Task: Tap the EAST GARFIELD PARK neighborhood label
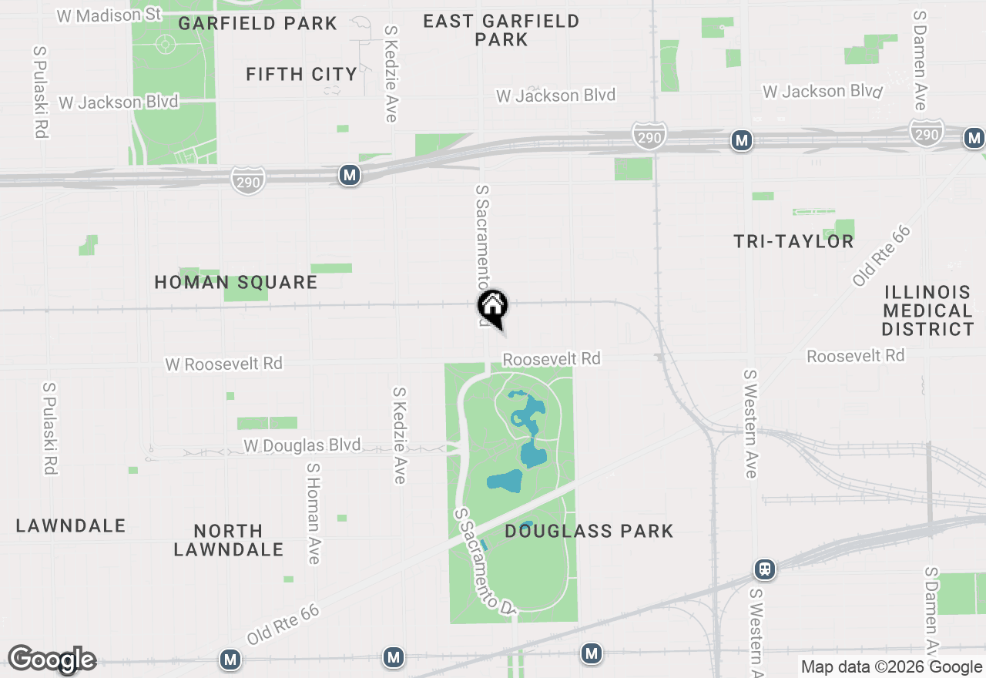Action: coord(501,30)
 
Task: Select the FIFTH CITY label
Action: coord(301,75)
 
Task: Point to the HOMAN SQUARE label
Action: coord(236,283)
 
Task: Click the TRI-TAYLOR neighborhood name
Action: coord(793,242)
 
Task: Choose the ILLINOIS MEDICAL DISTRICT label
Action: coord(928,311)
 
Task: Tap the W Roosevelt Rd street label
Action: coord(224,364)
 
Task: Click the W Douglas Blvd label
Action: coord(302,445)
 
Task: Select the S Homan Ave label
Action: coord(313,513)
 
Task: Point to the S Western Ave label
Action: coord(750,423)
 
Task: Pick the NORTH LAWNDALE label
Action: coord(229,540)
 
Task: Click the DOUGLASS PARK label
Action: coord(589,531)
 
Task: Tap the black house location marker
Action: coord(492,307)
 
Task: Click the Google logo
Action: coord(52,660)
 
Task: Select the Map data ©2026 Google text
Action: coord(891,667)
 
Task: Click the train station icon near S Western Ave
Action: coord(765,569)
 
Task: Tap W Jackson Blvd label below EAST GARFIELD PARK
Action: coord(555,96)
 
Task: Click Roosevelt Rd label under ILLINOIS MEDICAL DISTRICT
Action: coord(855,356)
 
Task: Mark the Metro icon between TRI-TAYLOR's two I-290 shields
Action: coord(742,140)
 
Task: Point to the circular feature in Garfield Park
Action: coord(165,43)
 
